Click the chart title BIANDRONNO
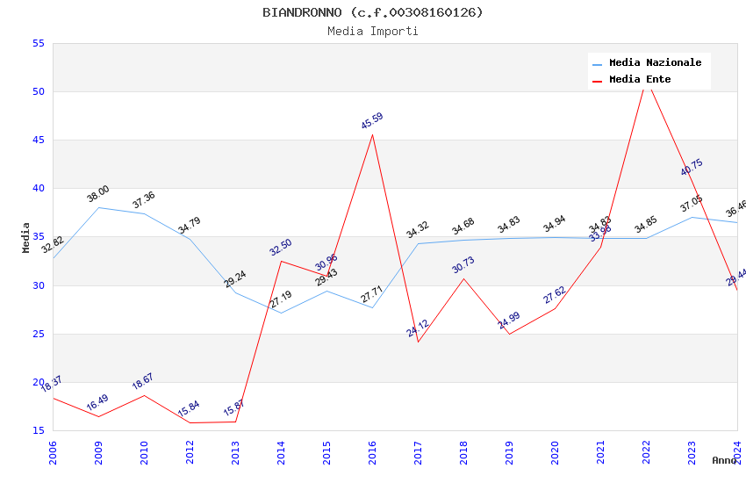pyautogui.click(x=372, y=12)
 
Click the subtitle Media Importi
pyautogui.click(x=372, y=32)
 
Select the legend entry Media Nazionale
pyautogui.click(x=655, y=62)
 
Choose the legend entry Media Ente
pyautogui.click(x=640, y=79)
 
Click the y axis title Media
pyautogui.click(x=26, y=237)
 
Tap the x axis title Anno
pyautogui.click(x=724, y=460)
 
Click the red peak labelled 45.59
pyautogui.click(x=372, y=134)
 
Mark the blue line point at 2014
pyautogui.click(x=281, y=313)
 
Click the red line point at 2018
pyautogui.click(x=463, y=278)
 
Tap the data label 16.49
pyautogui.click(x=97, y=403)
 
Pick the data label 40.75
pyautogui.click(x=692, y=167)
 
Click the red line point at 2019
pyautogui.click(x=509, y=334)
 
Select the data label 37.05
pyautogui.click(x=692, y=205)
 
